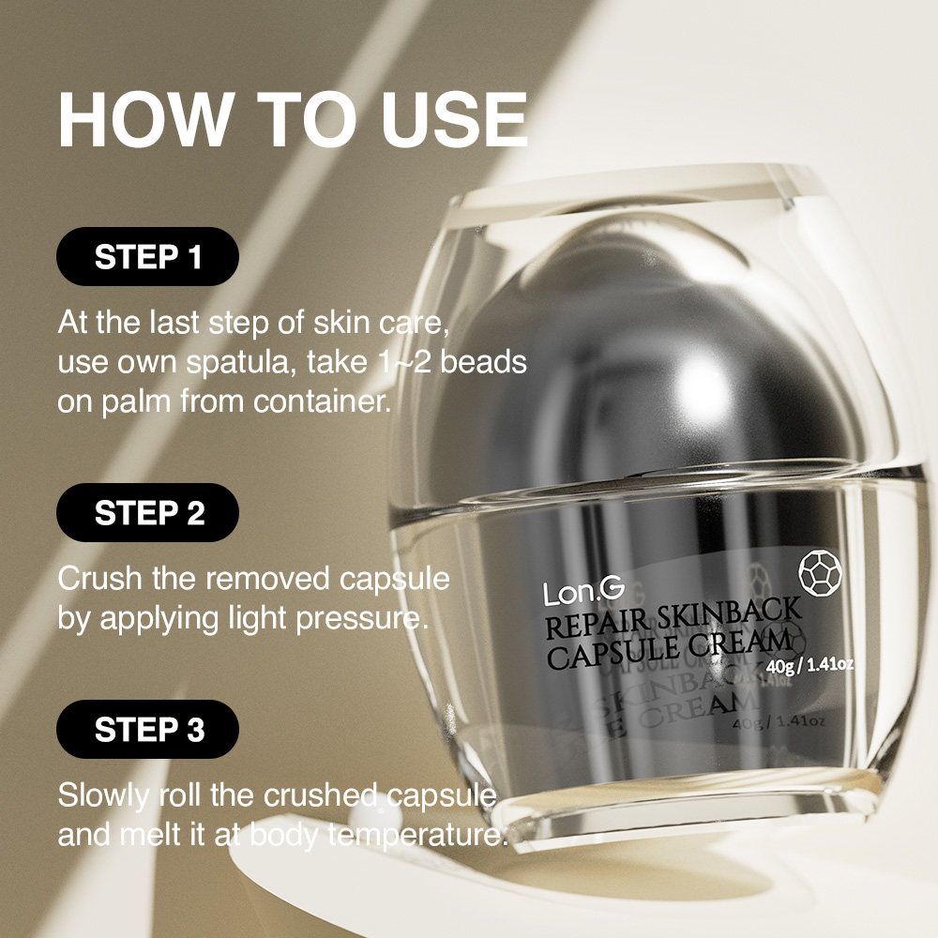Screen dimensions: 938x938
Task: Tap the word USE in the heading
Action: pyautogui.click(x=454, y=120)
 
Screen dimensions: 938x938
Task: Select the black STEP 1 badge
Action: pyautogui.click(x=148, y=257)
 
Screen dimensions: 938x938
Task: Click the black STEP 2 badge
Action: pyautogui.click(x=148, y=513)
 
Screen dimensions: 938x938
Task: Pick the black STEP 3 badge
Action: pyautogui.click(x=148, y=729)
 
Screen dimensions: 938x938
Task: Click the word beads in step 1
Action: pyautogui.click(x=483, y=361)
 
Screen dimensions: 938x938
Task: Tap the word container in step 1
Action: pyautogui.click(x=322, y=401)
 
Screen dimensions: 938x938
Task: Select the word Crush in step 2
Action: pyautogui.click(x=100, y=579)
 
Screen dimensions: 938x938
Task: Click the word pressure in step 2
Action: pyautogui.click(x=362, y=619)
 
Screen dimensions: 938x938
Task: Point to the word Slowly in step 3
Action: pyautogui.click(x=103, y=796)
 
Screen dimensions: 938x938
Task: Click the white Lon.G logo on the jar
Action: pyautogui.click(x=583, y=592)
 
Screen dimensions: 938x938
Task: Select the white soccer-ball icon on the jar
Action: pyautogui.click(x=820, y=573)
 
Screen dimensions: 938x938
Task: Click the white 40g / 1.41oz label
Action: pyautogui.click(x=809, y=664)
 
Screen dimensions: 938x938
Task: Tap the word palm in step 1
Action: pyautogui.click(x=136, y=402)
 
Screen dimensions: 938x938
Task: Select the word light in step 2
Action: pyautogui.click(x=258, y=619)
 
